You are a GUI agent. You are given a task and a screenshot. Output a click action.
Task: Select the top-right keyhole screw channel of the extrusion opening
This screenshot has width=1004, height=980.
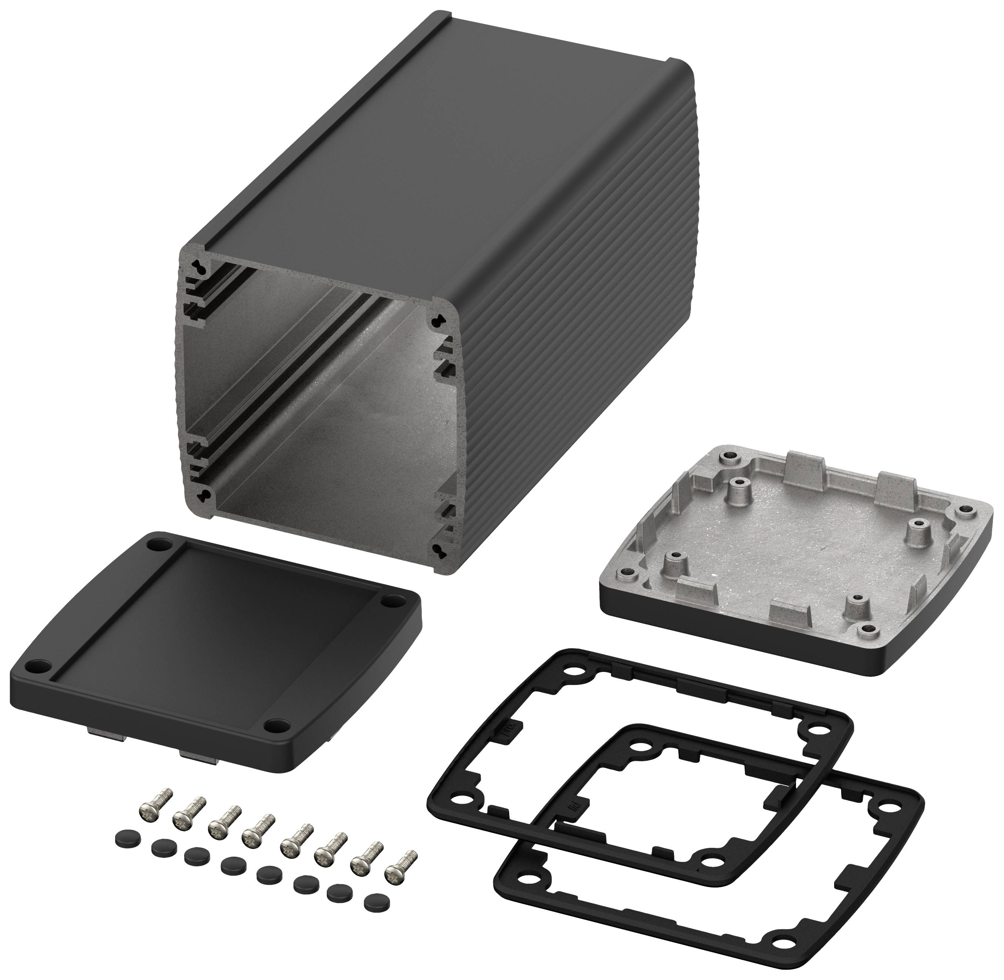439,320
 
